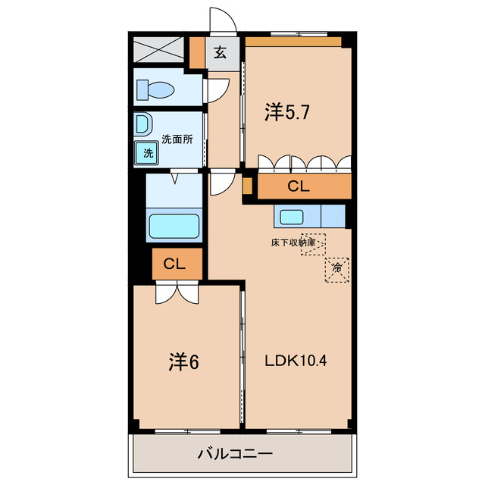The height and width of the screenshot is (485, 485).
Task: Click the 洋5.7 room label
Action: (286, 112)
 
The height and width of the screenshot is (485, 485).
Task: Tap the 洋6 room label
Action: (183, 362)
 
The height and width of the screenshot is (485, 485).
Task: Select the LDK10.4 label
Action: (296, 361)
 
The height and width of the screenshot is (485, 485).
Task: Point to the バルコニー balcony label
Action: (234, 455)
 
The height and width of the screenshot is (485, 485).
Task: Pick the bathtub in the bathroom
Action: (174, 227)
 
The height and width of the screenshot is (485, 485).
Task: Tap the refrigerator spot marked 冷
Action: (338, 268)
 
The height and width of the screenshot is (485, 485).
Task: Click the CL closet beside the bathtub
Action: (175, 264)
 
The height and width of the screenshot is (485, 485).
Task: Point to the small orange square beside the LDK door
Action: (247, 185)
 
